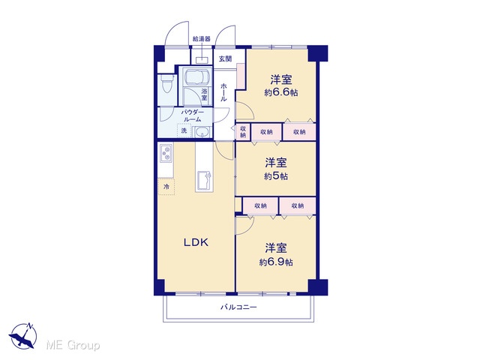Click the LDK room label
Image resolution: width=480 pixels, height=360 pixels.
click(196, 242)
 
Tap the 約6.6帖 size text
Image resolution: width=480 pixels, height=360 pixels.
click(281, 92)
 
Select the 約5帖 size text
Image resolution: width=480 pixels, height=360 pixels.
click(276, 176)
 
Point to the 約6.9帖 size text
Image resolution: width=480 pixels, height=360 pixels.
click(276, 262)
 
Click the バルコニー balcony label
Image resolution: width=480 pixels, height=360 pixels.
click(239, 307)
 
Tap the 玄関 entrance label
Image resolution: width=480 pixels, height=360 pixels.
click(225, 58)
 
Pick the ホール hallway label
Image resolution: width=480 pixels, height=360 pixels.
click(223, 92)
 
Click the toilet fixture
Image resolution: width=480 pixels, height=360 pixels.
click(167, 83)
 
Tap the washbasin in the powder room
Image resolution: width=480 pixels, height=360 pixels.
click(202, 132)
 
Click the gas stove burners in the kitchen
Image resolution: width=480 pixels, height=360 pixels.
click(166, 153)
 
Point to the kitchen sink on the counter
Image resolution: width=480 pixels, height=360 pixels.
click(204, 181)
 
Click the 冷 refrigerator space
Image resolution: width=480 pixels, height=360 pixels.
click(166, 187)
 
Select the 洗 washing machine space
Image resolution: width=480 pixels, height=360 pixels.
click(184, 130)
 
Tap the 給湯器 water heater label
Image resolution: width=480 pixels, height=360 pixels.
click(202, 39)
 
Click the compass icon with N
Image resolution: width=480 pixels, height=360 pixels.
click(23, 335)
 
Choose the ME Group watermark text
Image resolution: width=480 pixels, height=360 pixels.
click(73, 345)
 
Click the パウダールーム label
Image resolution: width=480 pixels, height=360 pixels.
click(192, 115)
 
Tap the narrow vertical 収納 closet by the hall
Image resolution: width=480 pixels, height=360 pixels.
click(243, 132)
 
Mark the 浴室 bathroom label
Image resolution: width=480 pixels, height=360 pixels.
click(204, 94)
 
